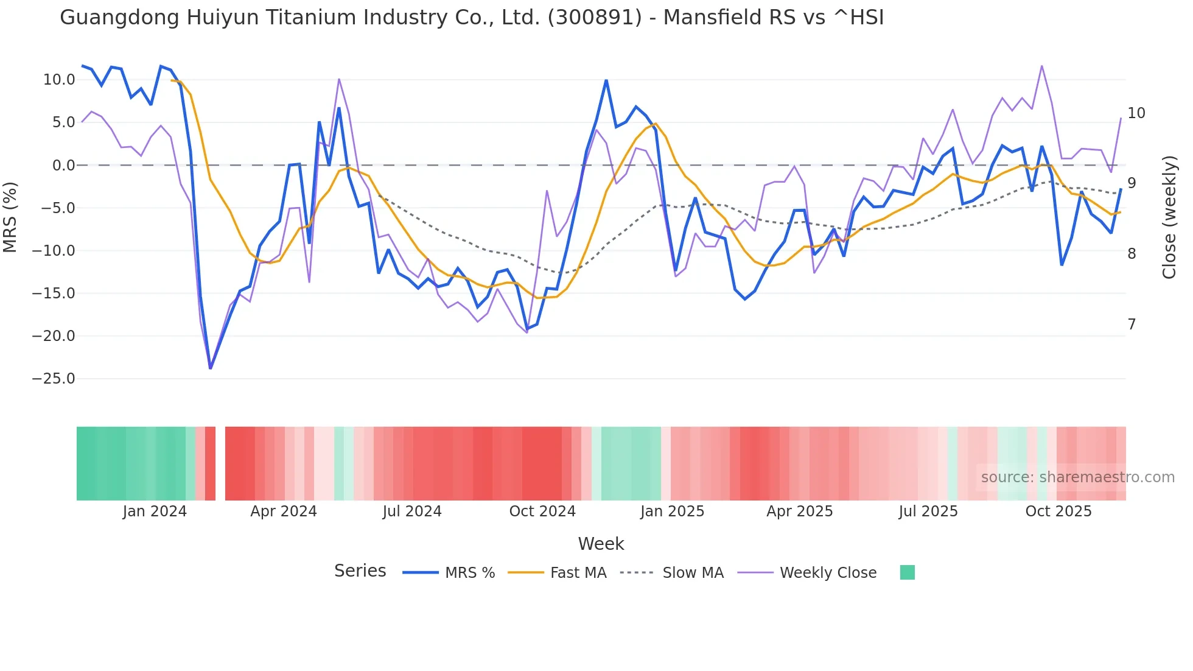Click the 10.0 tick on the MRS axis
point(59,80)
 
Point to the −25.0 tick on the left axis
point(54,379)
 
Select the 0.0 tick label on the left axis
point(63,166)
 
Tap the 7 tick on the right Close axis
point(1132,325)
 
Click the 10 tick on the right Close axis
point(1136,113)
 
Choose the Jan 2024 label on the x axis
point(155,511)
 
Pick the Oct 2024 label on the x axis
point(542,511)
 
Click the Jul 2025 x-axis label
point(928,511)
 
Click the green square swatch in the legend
point(907,572)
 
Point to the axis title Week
point(601,544)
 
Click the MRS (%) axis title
point(10,217)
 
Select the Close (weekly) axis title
point(1169,217)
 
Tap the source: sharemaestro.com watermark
point(1077,477)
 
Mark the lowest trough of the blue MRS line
point(211,368)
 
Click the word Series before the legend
point(360,571)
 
